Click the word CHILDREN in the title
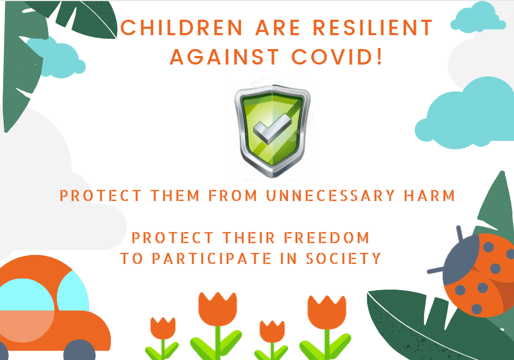[x=182, y=28]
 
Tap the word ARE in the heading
[x=278, y=28]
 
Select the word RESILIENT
[x=373, y=28]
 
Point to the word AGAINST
[x=224, y=57]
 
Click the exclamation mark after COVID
[x=380, y=57]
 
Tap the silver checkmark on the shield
[x=272, y=128]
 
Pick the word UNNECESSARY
[x=331, y=195]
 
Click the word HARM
[x=429, y=195]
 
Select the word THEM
[x=175, y=195]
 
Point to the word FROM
[x=233, y=195]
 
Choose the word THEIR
[x=249, y=238]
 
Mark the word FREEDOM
[x=327, y=238]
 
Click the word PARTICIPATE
[x=212, y=258]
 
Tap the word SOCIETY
[x=343, y=258]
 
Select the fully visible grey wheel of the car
[x=79, y=350]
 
